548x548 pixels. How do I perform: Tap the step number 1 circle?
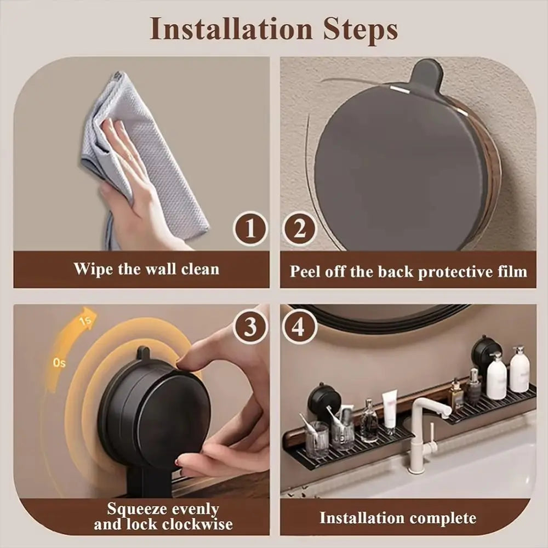click(250, 229)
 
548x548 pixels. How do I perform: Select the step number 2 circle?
click(299, 229)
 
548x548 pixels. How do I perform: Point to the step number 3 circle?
click(250, 327)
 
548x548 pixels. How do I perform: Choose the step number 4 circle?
click(299, 327)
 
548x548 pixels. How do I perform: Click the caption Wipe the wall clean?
click(146, 269)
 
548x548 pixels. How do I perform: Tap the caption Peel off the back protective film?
click(408, 271)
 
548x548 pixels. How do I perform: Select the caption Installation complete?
click(398, 518)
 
